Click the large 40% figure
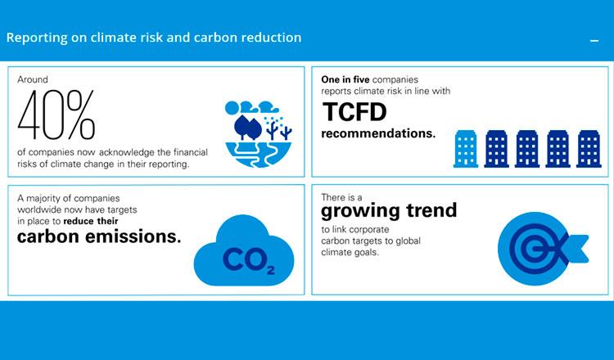[56, 115]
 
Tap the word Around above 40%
[33, 79]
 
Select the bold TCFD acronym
[354, 112]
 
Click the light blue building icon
[466, 149]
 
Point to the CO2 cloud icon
[244, 251]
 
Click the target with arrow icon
[542, 249]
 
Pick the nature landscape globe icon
[259, 134]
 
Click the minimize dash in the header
[594, 40]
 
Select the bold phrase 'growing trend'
[389, 211]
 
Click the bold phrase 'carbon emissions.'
[99, 236]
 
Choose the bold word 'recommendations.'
[378, 133]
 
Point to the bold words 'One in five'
[345, 79]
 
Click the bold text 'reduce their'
[90, 221]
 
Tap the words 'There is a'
[341, 197]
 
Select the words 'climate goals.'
[350, 252]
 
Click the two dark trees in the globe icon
[248, 128]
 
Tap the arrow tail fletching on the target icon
[576, 249]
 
